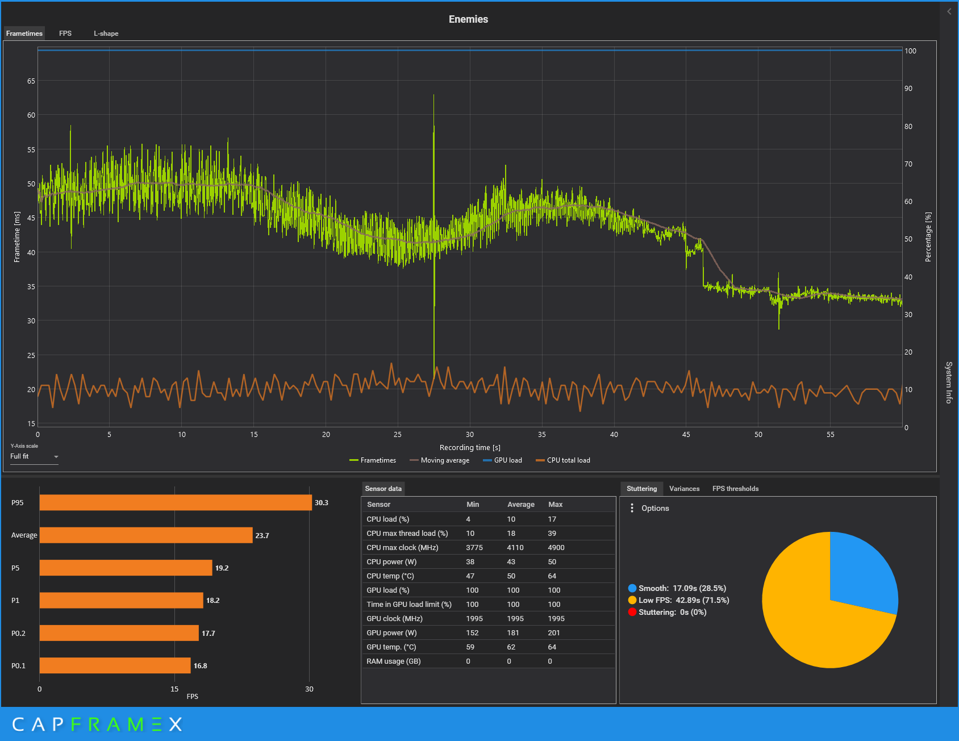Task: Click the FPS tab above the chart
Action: coord(65,34)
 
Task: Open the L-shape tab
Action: coord(106,34)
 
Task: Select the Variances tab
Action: coord(684,489)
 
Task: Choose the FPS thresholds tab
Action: coord(735,489)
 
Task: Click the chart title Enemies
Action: coord(468,19)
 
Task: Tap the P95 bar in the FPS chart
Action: coord(176,503)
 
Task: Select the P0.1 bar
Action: coord(115,665)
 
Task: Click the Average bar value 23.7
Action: coord(262,536)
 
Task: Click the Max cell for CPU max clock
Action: coord(556,548)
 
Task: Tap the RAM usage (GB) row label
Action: coord(393,661)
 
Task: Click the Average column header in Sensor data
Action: coord(520,505)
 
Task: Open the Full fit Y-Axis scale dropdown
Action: coord(34,457)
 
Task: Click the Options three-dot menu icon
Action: coord(632,508)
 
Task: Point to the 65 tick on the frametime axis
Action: coord(31,81)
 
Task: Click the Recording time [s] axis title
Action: coord(470,448)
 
